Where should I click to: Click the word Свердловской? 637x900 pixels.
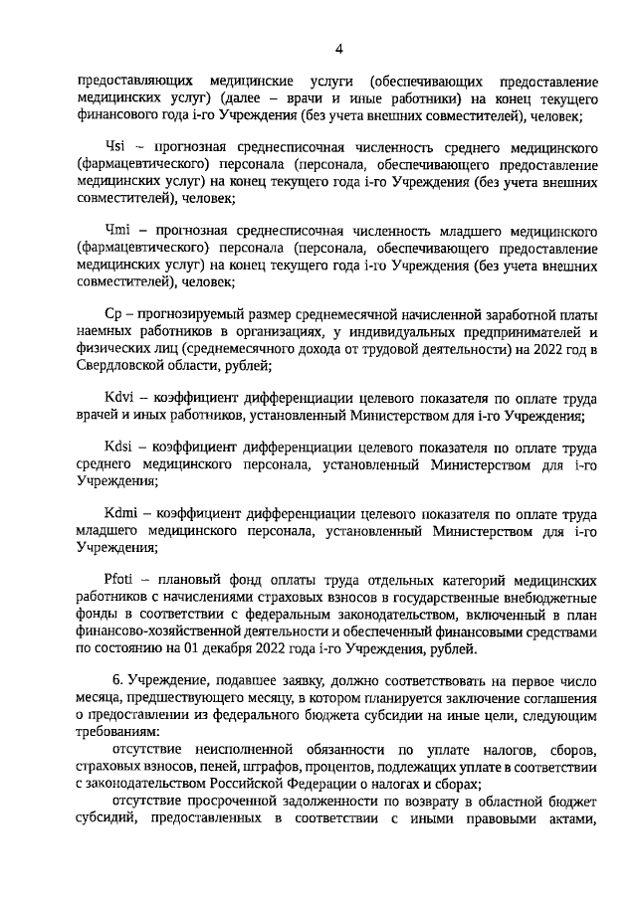[121, 365]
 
